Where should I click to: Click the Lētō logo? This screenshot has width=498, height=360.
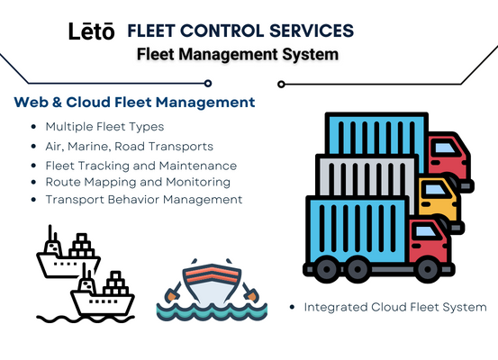click(92, 31)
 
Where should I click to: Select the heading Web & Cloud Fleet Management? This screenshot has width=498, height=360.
click(134, 103)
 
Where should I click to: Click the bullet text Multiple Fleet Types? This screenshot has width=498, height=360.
click(104, 127)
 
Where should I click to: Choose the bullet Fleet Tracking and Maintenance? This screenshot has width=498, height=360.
click(141, 166)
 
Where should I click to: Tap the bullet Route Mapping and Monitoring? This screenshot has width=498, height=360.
click(138, 182)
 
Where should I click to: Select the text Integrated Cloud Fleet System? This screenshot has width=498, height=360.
click(395, 307)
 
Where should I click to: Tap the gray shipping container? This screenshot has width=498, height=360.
click(366, 175)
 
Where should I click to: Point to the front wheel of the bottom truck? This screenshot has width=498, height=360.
click(428, 269)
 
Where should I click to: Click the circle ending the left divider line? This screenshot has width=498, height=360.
click(208, 84)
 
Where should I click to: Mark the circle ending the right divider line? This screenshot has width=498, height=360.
click(281, 84)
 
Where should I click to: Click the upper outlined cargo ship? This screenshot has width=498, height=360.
click(68, 252)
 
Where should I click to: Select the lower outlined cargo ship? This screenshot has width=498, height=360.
click(103, 291)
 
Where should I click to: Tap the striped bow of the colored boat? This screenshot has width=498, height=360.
click(212, 274)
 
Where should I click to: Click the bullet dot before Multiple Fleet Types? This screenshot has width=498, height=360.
click(33, 127)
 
